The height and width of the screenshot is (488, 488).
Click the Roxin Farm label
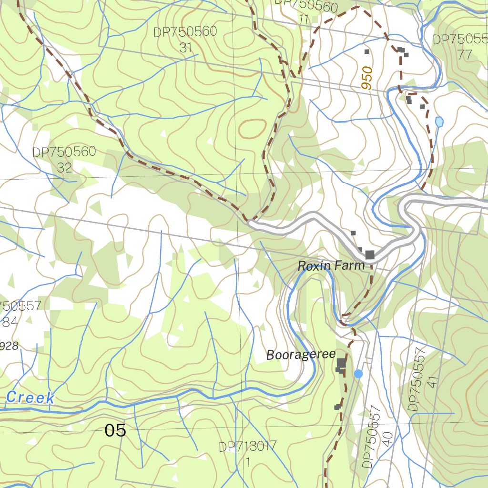(x=331, y=266)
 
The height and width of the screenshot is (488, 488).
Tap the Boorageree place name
(x=301, y=355)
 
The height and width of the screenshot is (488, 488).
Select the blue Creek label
(x=30, y=397)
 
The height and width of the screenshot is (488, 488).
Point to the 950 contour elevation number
(x=366, y=78)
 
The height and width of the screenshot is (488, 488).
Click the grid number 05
(x=115, y=430)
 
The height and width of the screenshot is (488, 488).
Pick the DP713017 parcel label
(x=247, y=447)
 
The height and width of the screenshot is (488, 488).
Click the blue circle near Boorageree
(x=358, y=374)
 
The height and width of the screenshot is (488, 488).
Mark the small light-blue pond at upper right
(x=439, y=122)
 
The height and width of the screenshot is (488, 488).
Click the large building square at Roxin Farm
(x=370, y=255)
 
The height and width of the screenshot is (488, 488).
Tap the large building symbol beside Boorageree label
(x=341, y=364)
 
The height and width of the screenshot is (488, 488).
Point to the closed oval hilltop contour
(x=252, y=128)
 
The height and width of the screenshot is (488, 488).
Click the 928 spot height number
(x=10, y=346)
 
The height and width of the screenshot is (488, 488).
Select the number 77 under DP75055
(x=464, y=54)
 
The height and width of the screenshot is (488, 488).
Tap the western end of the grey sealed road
(x=251, y=222)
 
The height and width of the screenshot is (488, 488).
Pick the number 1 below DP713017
(x=248, y=462)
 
